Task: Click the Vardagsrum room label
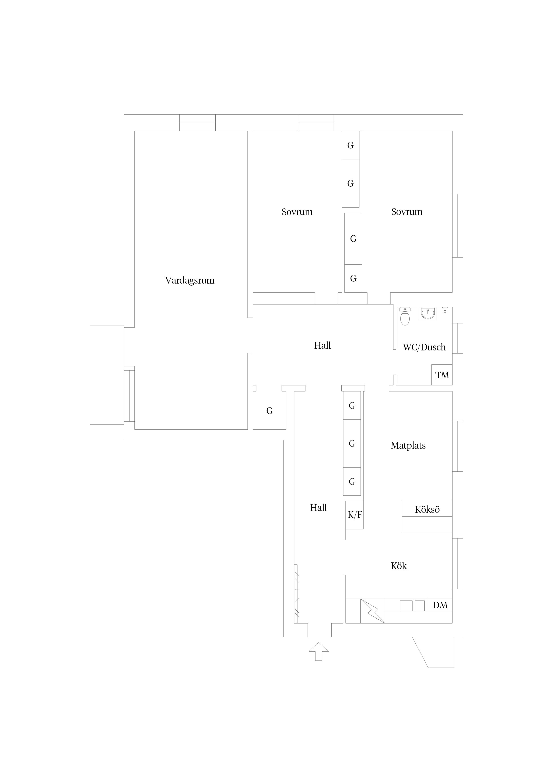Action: point(190,281)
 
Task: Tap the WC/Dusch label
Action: point(424,347)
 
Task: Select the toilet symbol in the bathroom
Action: point(405,316)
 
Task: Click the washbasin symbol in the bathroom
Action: point(428,313)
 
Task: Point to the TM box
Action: point(442,375)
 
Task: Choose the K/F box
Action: point(355,515)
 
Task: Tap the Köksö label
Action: point(427,510)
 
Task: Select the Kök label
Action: point(399,566)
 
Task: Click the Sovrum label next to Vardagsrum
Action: point(297,212)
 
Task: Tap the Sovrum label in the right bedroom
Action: point(407,212)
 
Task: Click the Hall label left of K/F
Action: point(318,508)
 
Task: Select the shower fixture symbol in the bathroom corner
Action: point(445,310)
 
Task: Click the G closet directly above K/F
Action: point(352,482)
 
